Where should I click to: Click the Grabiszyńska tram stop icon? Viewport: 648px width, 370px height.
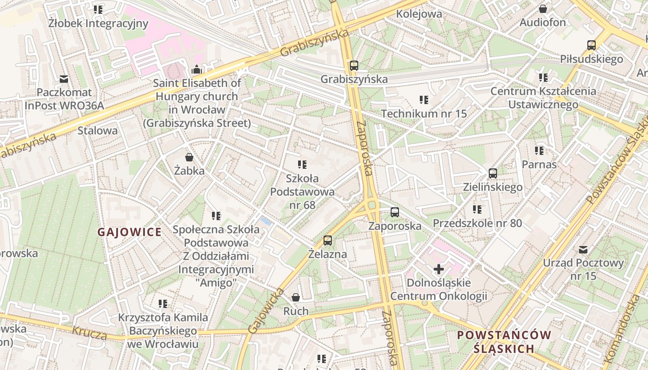pos(354,65)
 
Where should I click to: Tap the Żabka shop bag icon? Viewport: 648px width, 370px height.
pos(189,157)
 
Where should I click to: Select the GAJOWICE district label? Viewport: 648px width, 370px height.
pos(130,232)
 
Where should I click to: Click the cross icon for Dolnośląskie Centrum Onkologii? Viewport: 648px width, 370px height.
pos(439,269)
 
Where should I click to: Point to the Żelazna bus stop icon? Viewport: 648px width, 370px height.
pos(328,240)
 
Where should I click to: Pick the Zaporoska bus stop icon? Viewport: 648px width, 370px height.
pos(395,212)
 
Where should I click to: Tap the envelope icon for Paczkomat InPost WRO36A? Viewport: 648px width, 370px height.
pos(64,79)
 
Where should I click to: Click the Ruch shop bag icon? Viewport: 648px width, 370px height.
pos(296,297)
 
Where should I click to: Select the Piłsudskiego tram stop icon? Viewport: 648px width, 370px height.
pos(592,45)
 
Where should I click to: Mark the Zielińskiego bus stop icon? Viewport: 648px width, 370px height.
pos(493,173)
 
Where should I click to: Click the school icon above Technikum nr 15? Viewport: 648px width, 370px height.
pos(424,99)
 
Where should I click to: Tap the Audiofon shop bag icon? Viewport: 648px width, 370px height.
pos(543,9)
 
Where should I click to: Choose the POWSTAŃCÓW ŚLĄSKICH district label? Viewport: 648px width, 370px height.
pos(504,341)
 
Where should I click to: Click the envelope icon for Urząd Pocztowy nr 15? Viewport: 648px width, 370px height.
pos(583,250)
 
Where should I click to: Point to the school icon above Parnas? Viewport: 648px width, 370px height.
pos(539,150)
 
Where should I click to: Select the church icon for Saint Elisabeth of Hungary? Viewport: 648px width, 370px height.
pos(197,70)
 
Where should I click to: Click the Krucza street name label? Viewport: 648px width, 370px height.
pos(89,332)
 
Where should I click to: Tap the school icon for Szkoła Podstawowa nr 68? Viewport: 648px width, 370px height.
pos(303,164)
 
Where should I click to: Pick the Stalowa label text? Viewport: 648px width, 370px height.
pos(98,130)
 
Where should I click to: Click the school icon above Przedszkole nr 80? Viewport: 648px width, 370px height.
pos(477,210)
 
